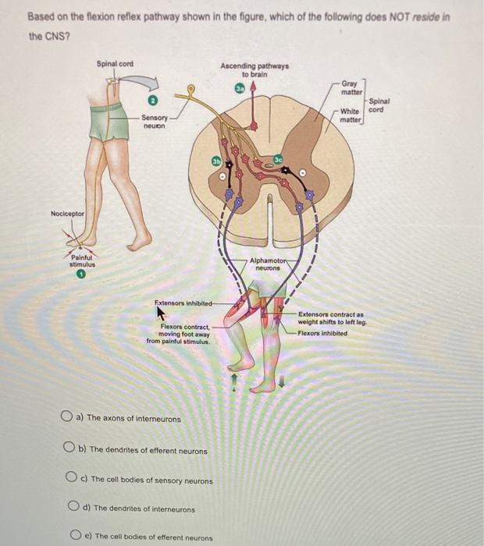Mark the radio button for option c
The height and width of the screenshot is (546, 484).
click(x=72, y=479)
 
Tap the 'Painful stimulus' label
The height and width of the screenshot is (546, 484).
click(x=80, y=261)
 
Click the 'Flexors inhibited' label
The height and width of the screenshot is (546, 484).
click(x=322, y=333)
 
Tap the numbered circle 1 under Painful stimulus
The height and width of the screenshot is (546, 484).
click(x=80, y=275)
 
